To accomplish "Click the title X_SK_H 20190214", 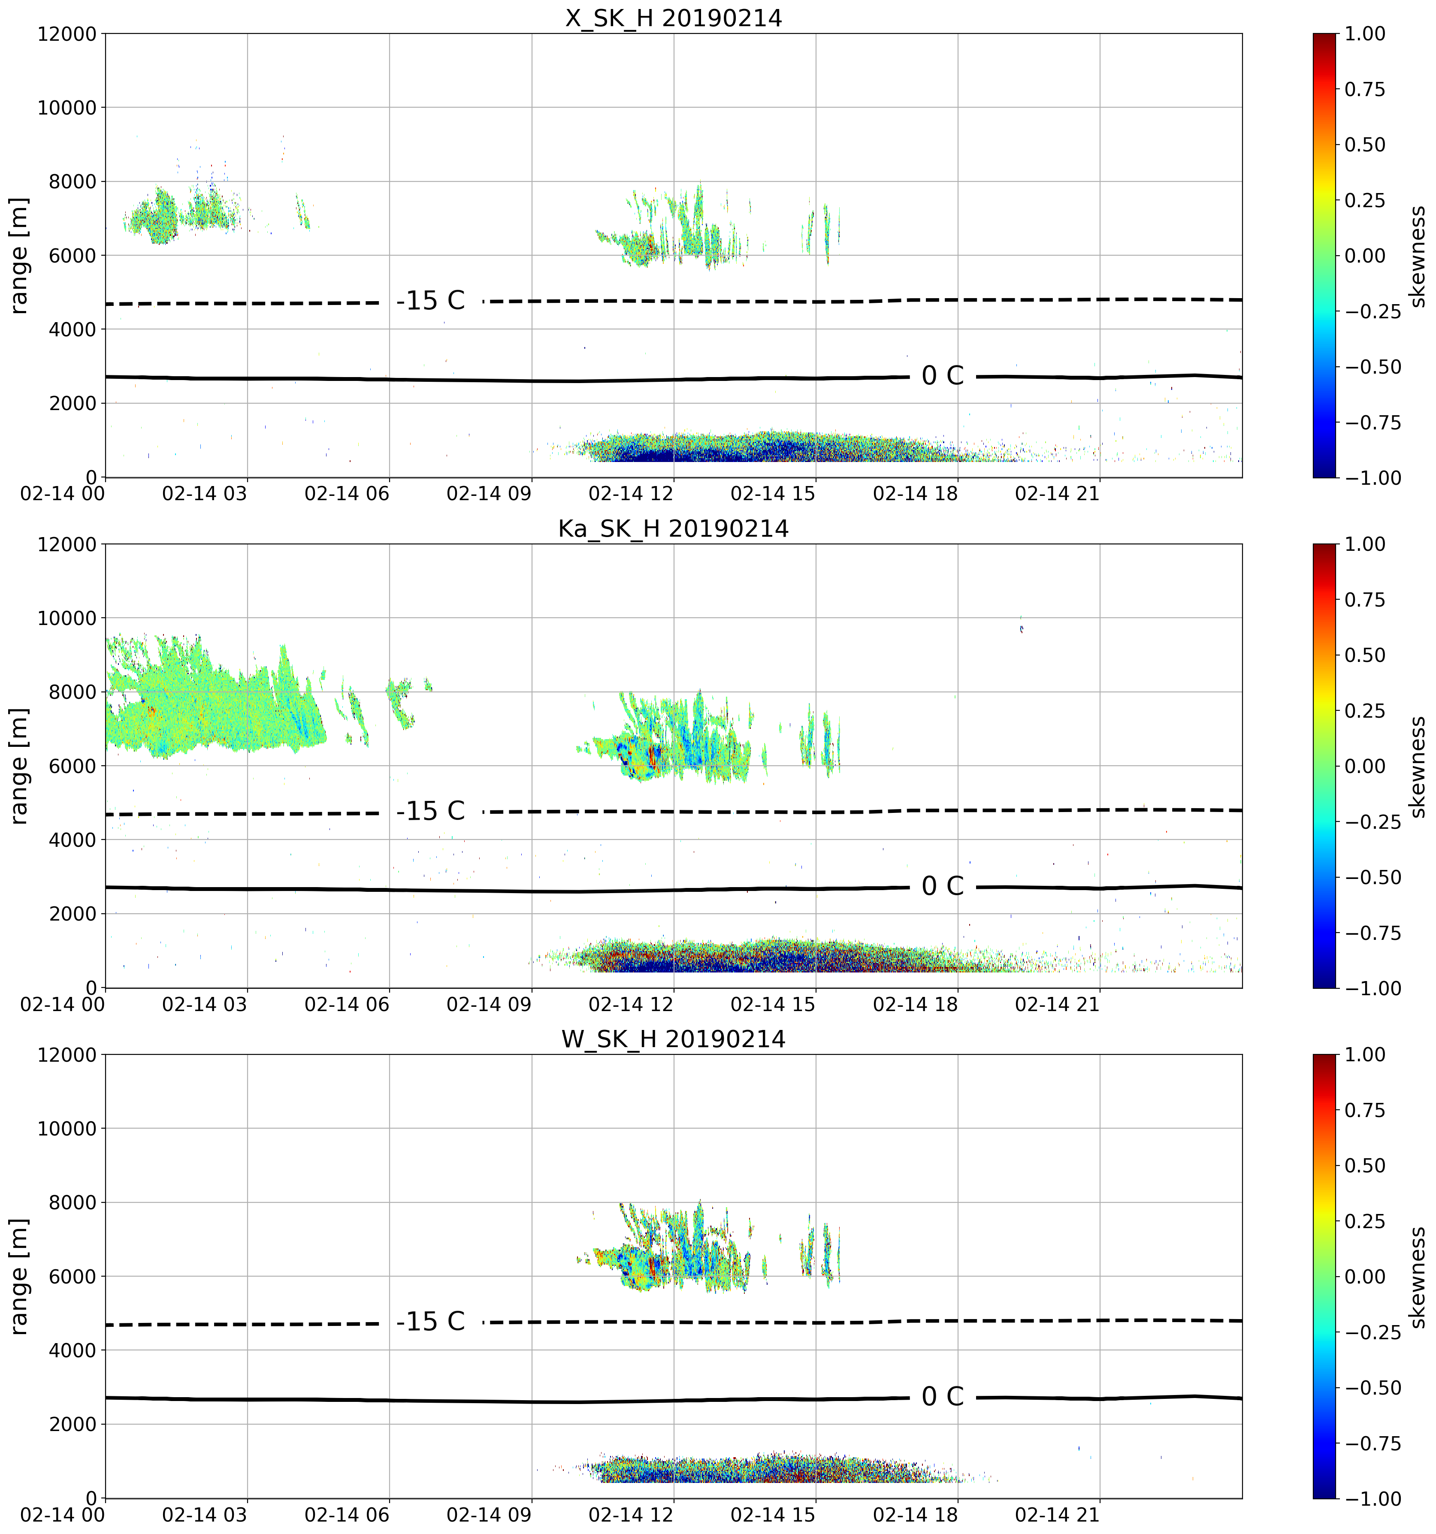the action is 674,17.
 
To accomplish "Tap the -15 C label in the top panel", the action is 431,301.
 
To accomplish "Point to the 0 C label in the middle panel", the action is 943,886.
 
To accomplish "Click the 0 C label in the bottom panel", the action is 943,1397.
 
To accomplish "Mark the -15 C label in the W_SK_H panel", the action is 431,1322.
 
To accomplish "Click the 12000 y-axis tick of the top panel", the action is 67,34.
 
